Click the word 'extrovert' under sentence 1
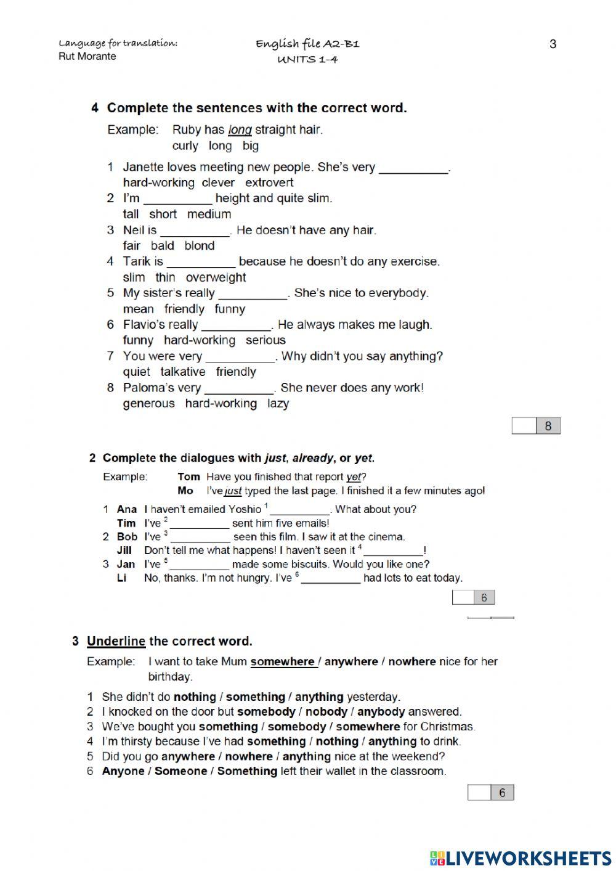coord(269,182)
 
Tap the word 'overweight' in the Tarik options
coord(216,277)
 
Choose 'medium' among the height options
coord(209,214)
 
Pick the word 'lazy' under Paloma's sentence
coord(278,403)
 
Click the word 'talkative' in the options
coord(183,372)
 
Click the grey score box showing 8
coord(548,426)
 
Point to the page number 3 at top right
coord(553,44)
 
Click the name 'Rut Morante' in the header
coord(87,57)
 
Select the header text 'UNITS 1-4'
coord(307,60)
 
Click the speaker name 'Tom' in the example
coord(188,476)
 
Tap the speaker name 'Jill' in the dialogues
coord(124,550)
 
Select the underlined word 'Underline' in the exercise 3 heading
coord(116,641)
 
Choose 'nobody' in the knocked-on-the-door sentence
coord(326,711)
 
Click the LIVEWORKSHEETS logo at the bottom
coord(521,858)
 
